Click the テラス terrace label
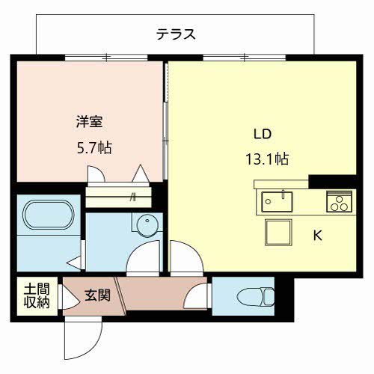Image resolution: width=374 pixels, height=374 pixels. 177,34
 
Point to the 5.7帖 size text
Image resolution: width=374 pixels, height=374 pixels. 93,147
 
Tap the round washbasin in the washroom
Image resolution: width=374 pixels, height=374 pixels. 147,224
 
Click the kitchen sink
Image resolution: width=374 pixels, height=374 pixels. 278,200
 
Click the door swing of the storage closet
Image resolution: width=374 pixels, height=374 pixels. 68,298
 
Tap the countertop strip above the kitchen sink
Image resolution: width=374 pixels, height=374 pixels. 281,184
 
